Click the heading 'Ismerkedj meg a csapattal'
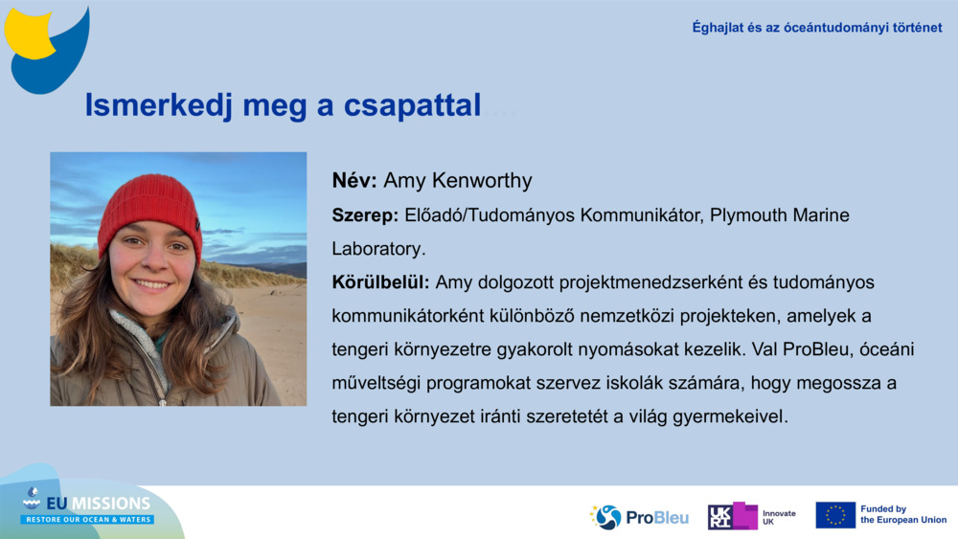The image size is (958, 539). [x=283, y=105]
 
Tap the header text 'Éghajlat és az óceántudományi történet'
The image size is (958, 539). [x=816, y=28]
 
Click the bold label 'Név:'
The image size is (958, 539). [x=354, y=181]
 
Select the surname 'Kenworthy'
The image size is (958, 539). [x=486, y=181]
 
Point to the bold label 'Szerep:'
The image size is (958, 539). [x=365, y=215]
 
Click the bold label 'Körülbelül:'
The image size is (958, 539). [x=380, y=282]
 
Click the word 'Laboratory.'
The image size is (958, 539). [x=378, y=249]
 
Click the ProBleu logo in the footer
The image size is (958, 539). [x=639, y=517]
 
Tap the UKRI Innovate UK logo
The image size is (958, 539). [x=751, y=517]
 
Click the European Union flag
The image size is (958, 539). [x=835, y=515]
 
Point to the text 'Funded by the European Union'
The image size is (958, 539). [x=902, y=515]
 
